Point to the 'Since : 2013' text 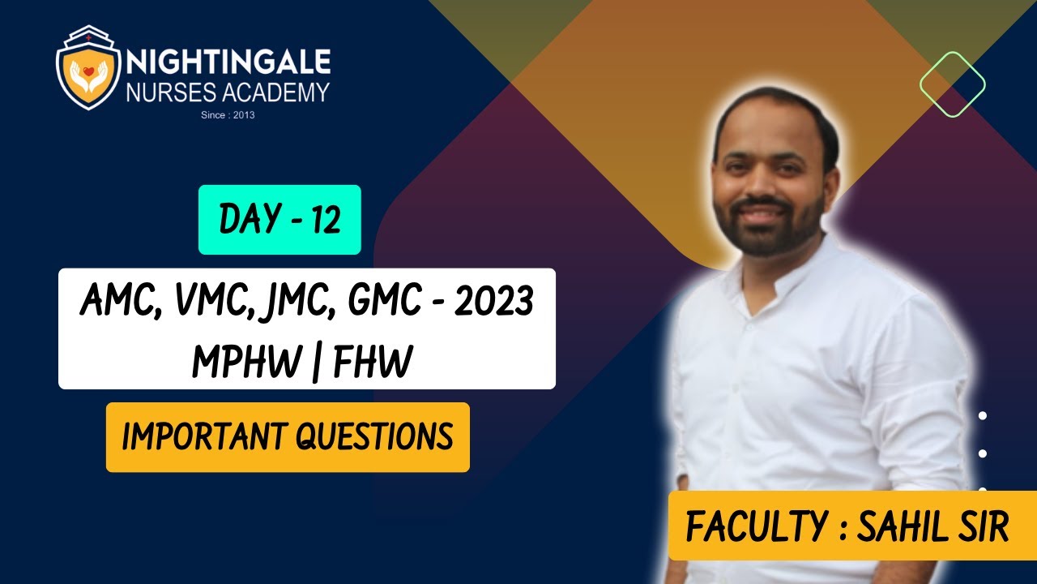click(x=228, y=115)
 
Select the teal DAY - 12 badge click(x=280, y=220)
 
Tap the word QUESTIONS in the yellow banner click(x=374, y=437)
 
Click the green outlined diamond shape click(x=952, y=84)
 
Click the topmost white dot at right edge click(x=983, y=416)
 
